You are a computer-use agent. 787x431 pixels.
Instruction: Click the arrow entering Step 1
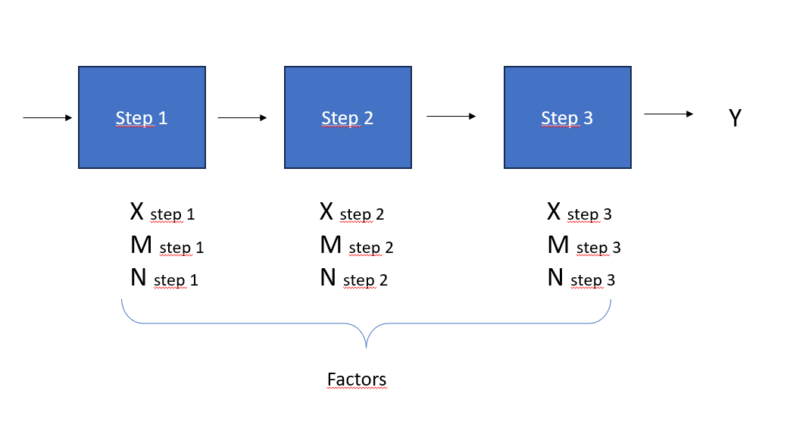(47, 117)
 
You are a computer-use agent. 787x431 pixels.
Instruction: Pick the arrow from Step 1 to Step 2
(242, 117)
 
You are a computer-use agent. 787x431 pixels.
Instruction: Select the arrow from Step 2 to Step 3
(451, 116)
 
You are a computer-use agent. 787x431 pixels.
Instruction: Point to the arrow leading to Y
(668, 114)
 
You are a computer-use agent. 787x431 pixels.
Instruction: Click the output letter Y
(734, 118)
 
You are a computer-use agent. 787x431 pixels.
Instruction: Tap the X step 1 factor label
(162, 213)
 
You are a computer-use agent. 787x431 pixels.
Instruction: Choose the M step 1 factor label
(167, 246)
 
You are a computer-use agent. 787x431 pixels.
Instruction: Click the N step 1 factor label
(164, 280)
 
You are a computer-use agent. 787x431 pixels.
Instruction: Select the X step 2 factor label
(351, 213)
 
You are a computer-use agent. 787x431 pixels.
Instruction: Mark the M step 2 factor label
(356, 246)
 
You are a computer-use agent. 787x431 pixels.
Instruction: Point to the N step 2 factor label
(353, 280)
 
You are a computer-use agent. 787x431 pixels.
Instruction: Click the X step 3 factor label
(579, 213)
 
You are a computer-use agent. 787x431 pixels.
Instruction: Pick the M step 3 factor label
(583, 246)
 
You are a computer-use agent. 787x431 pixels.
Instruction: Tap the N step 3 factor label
(580, 280)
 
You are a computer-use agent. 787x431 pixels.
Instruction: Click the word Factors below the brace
(357, 379)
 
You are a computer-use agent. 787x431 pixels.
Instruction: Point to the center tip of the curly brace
(366, 347)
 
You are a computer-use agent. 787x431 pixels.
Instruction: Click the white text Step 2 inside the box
(348, 118)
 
